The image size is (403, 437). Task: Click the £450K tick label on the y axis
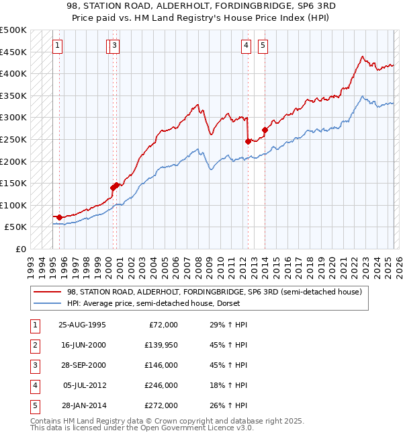click(x=13, y=52)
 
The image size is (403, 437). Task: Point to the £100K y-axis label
click(x=13, y=205)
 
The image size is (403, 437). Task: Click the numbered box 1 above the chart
click(x=57, y=46)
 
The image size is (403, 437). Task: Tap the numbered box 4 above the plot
click(x=247, y=46)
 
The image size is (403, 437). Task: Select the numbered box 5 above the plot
click(x=262, y=46)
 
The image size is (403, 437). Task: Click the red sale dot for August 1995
click(x=60, y=217)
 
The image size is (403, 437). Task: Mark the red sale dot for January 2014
click(x=265, y=130)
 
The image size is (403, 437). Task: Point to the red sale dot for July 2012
click(x=249, y=141)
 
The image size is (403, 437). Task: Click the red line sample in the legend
click(x=48, y=292)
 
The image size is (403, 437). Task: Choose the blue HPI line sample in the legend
click(x=48, y=303)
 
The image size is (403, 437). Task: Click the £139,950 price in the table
click(x=161, y=345)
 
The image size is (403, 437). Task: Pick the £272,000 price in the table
click(x=161, y=405)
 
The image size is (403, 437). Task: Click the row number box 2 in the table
click(x=34, y=345)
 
